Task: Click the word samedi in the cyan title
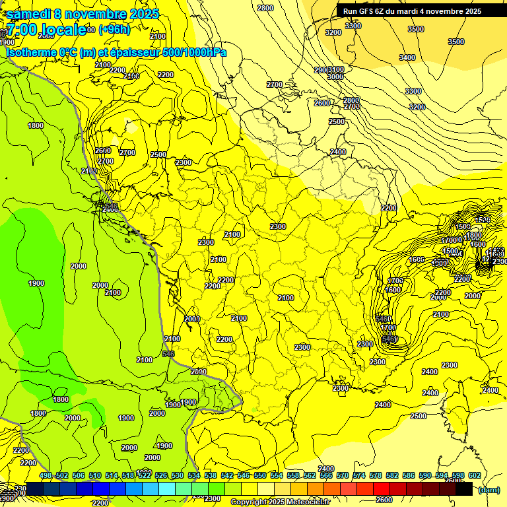click(30, 13)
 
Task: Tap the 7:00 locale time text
click(46, 30)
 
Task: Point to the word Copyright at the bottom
click(249, 502)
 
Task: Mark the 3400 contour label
click(407, 58)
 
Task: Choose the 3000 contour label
click(335, 77)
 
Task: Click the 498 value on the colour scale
click(46, 476)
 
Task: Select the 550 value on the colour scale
click(260, 476)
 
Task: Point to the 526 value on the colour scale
click(161, 476)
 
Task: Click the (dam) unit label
click(489, 490)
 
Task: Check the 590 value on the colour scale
click(424, 476)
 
